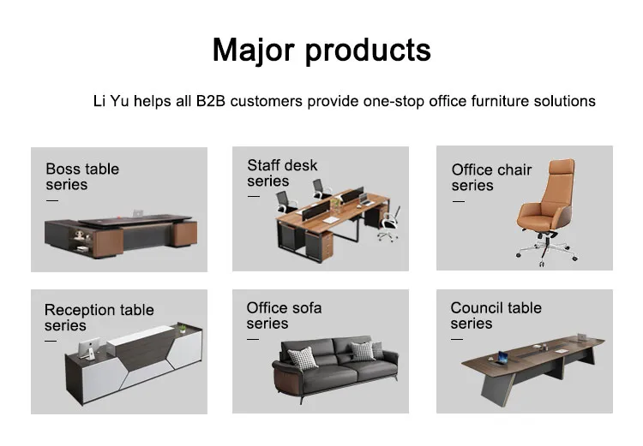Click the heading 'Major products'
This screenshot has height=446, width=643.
click(321, 50)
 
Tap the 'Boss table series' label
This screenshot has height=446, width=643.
click(82, 176)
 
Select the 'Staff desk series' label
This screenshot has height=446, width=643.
click(282, 173)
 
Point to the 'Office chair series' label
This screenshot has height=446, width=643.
click(491, 177)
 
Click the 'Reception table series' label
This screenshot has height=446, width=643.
click(99, 318)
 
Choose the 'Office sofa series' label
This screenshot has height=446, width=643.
click(284, 315)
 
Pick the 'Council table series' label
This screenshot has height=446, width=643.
click(496, 315)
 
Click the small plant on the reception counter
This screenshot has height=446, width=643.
click(183, 326)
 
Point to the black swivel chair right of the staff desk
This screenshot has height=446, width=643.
click(388, 221)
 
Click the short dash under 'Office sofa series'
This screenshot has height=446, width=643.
click(253, 339)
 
